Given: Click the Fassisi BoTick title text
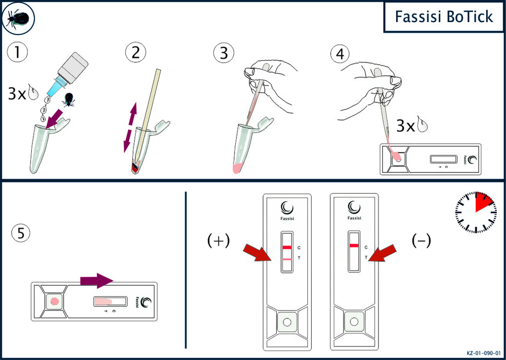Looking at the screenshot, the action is [444, 17].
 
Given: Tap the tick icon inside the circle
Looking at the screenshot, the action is [18, 18].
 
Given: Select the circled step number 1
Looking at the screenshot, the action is [17, 54].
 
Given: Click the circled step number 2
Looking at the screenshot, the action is [136, 54].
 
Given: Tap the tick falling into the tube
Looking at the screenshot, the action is [69, 100].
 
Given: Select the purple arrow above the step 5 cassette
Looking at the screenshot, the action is [96, 281].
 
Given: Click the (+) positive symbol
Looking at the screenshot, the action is [219, 241].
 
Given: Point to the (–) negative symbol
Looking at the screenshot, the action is [421, 241].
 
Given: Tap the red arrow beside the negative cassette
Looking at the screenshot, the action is [383, 253].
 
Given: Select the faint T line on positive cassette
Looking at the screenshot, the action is [286, 259].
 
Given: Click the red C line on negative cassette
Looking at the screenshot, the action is [354, 246].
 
